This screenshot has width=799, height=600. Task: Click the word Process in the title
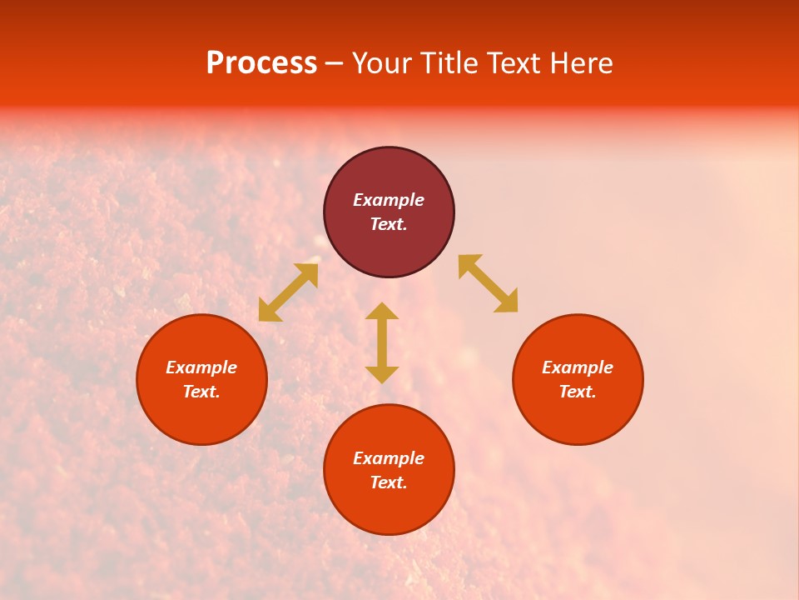click(x=261, y=63)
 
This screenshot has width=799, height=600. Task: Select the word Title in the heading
click(x=449, y=63)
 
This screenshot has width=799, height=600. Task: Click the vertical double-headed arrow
click(x=382, y=342)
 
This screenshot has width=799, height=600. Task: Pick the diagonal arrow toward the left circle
click(x=288, y=292)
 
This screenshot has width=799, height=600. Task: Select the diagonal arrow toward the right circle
click(x=488, y=284)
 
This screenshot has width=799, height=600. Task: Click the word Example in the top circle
click(x=389, y=200)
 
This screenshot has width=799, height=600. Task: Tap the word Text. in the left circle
click(x=201, y=392)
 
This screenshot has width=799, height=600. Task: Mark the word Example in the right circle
click(x=578, y=367)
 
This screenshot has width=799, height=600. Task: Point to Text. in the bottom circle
click(x=389, y=482)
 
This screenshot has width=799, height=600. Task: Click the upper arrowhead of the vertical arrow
click(x=382, y=310)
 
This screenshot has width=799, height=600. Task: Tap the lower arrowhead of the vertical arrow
click(x=382, y=375)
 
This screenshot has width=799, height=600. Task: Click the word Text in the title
click(x=515, y=63)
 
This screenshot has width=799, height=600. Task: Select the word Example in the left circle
click(x=201, y=367)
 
